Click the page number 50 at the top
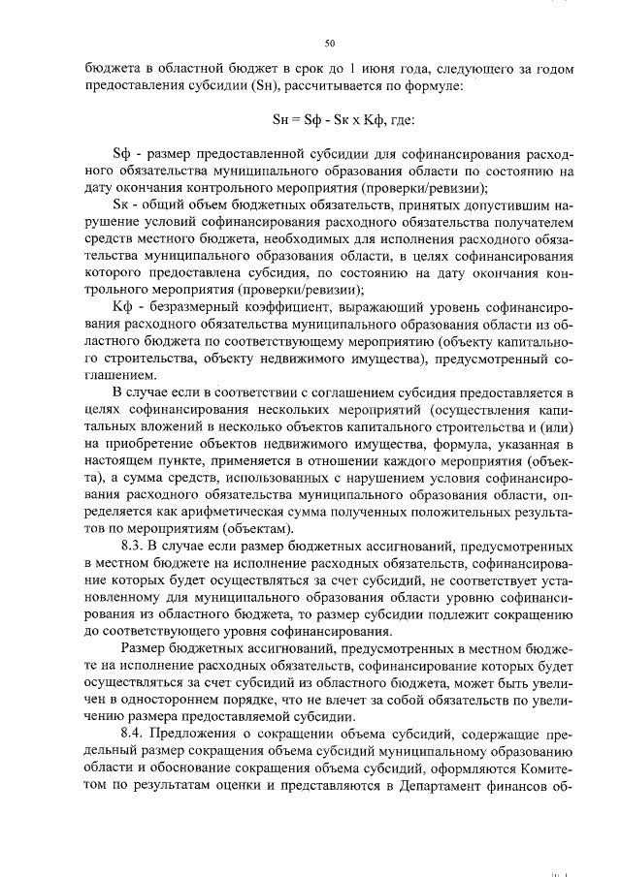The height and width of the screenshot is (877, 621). tap(329, 44)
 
